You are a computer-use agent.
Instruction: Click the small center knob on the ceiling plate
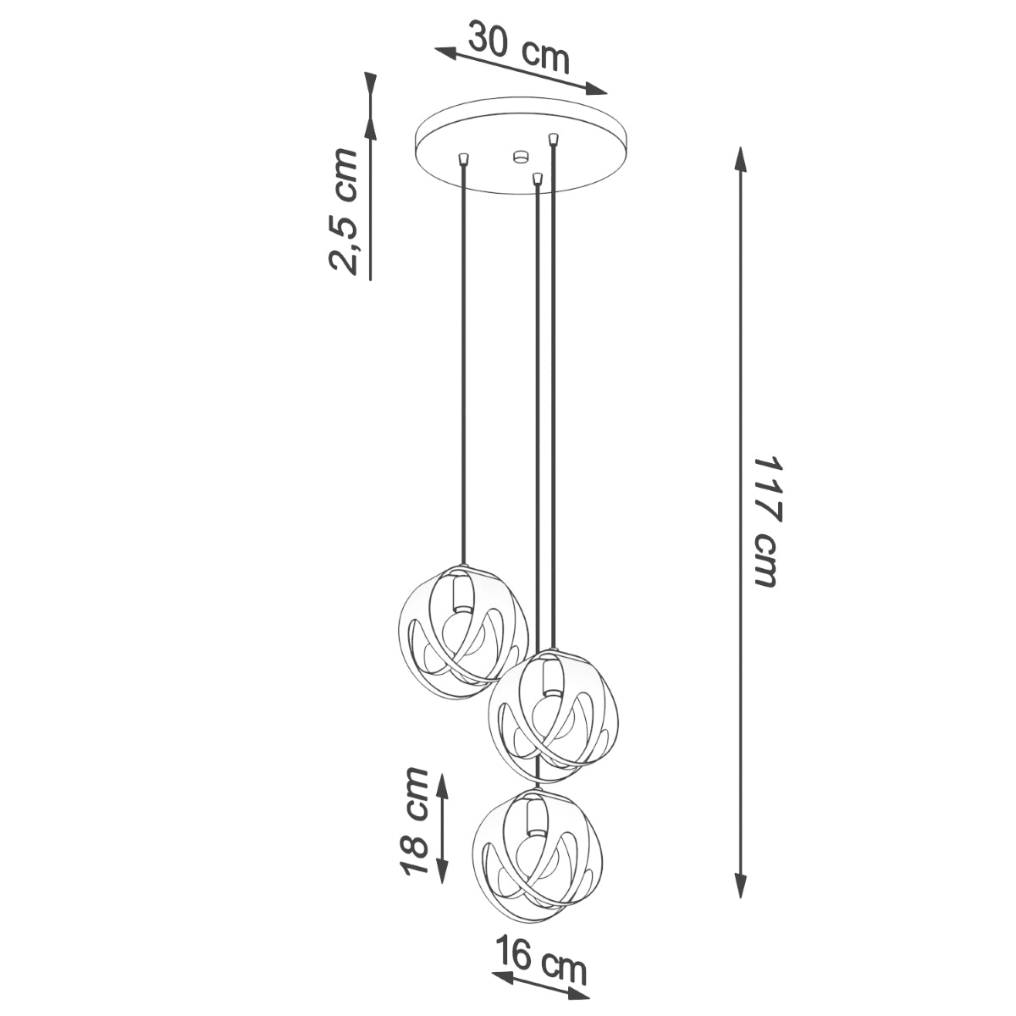(x=520, y=156)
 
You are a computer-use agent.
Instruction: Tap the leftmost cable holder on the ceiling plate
(x=462, y=158)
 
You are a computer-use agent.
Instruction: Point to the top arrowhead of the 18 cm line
(x=442, y=782)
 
